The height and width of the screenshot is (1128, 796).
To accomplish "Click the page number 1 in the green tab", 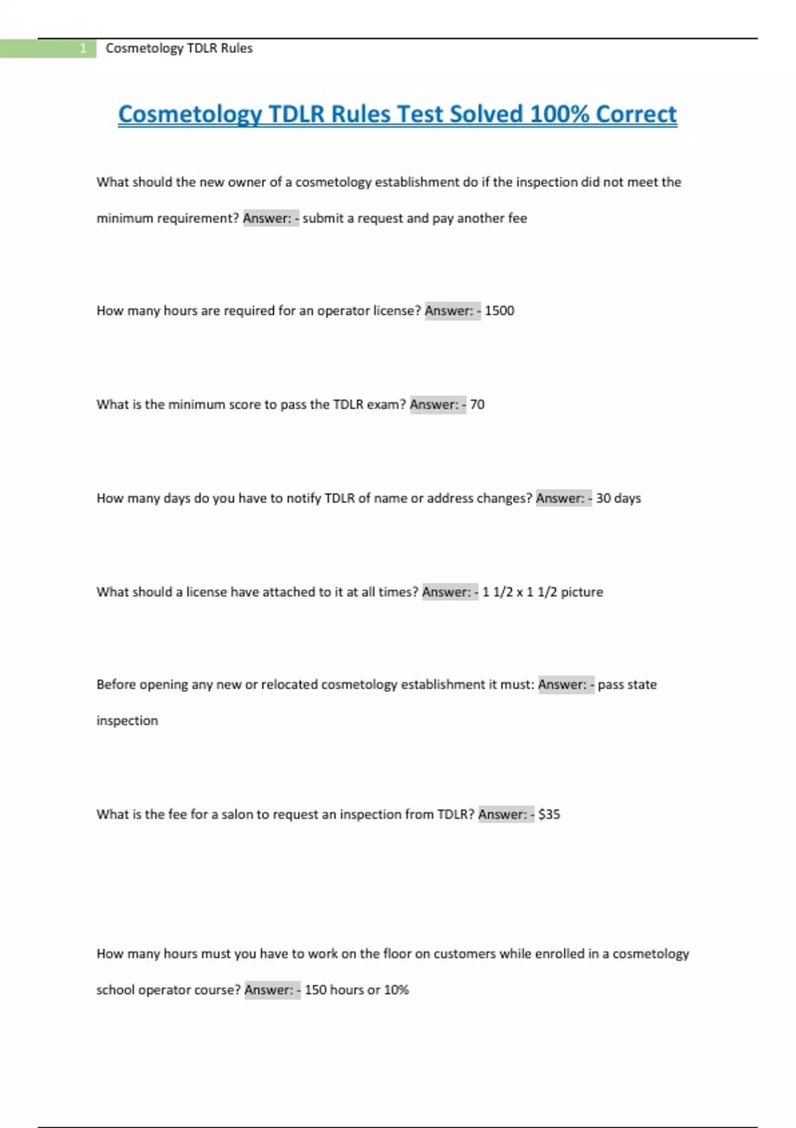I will [x=83, y=48].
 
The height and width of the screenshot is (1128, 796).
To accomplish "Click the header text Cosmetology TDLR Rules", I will [x=179, y=48].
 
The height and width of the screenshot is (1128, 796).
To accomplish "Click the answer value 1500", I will [x=499, y=311].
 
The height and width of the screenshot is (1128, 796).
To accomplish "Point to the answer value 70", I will [x=477, y=405].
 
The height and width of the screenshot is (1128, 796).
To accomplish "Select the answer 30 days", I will [x=618, y=498].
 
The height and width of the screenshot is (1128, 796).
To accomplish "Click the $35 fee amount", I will [x=549, y=814].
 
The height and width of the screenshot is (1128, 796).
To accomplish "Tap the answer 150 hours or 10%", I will [x=357, y=990].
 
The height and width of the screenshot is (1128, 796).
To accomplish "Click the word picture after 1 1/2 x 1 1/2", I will [x=582, y=592].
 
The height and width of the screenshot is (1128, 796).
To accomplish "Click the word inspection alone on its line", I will [x=127, y=721].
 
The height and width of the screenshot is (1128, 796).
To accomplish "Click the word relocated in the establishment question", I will [x=289, y=685].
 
